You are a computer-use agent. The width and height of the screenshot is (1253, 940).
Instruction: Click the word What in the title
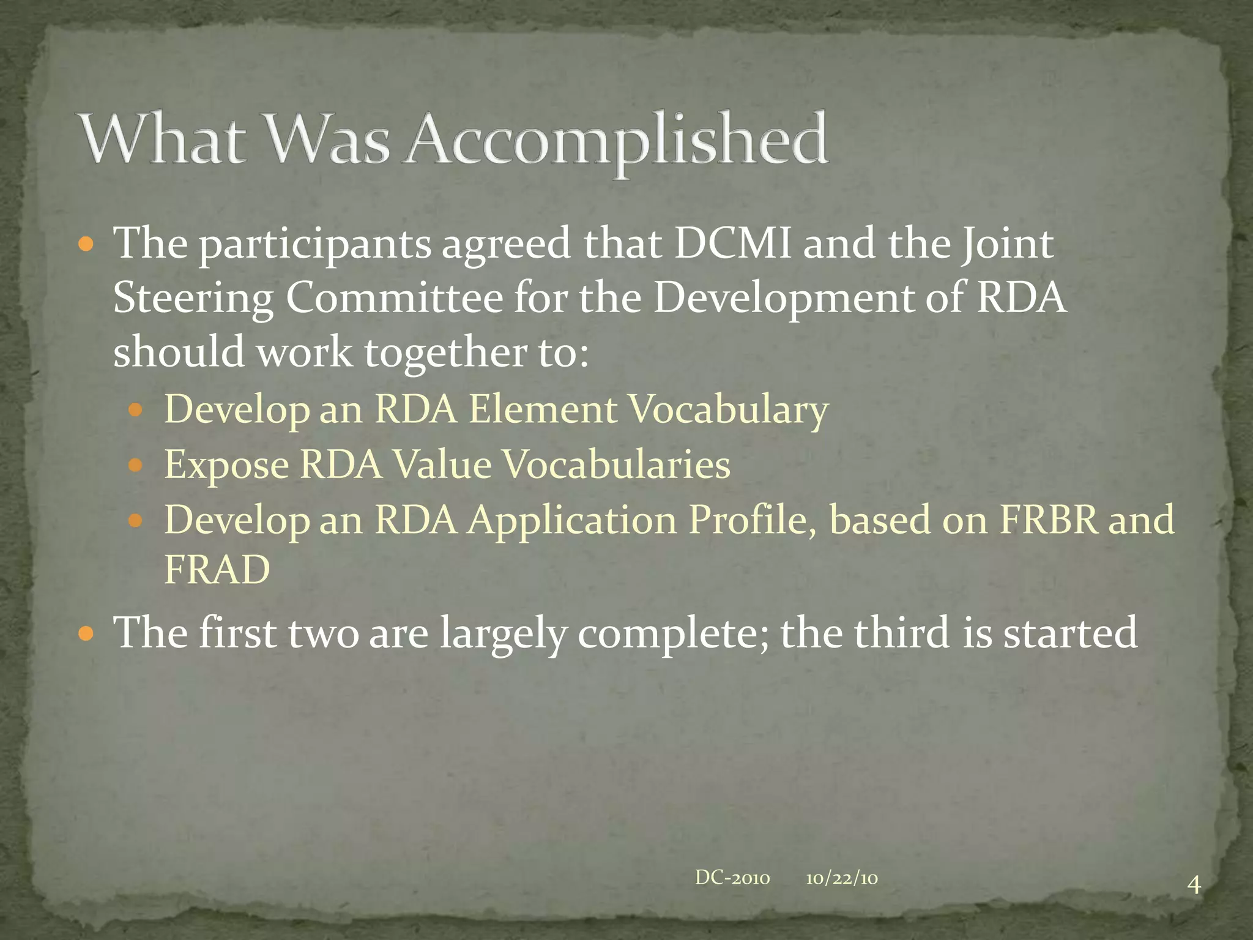pos(162,140)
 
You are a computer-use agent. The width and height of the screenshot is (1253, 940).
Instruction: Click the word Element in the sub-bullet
pos(542,409)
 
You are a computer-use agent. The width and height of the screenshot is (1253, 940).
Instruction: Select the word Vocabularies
pos(616,464)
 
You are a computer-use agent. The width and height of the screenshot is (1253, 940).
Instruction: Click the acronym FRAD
pos(217,570)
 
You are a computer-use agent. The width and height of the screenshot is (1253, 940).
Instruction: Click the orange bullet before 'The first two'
pos(86,633)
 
